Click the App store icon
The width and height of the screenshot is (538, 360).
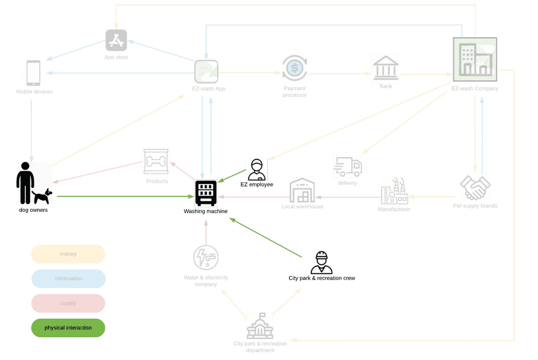116,40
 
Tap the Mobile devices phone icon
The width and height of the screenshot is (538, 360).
33,73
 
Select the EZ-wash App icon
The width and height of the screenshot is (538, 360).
206,72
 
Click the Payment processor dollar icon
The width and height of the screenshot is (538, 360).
294,68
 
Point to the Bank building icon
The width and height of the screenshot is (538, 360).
386,68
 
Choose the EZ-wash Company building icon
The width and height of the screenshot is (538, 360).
474,59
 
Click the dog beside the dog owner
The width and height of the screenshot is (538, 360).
43,196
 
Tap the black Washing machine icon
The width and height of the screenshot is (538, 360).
206,193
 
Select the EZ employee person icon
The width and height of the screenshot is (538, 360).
256,170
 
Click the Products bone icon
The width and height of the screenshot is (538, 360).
156,161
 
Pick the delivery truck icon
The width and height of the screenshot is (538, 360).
348,167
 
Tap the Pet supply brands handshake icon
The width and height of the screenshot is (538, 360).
475,188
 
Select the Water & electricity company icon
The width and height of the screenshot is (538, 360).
206,258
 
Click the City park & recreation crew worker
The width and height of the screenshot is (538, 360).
321,263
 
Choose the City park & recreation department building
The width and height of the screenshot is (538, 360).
260,326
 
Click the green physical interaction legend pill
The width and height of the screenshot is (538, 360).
68,328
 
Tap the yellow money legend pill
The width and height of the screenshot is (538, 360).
68,254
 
